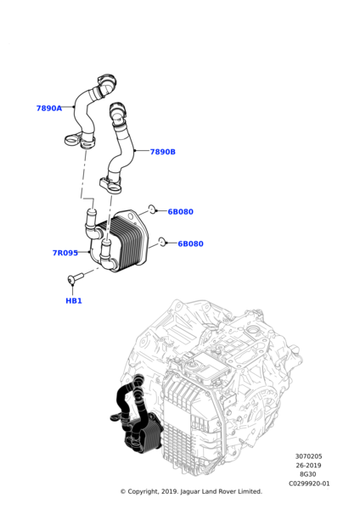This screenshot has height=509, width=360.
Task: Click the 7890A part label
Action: [48, 109]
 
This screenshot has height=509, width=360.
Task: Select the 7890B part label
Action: [162, 152]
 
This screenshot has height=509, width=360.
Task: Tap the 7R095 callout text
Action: [65, 253]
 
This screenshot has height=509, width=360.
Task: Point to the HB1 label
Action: [74, 300]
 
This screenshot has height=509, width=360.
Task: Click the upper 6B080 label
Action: [180, 212]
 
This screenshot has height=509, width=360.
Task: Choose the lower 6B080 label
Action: [190, 243]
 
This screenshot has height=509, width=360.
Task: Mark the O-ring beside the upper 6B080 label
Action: [152, 208]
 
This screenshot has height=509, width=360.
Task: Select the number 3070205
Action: [308, 456]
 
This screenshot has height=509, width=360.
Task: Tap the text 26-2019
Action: [308, 466]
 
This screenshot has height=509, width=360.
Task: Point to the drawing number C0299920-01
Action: [309, 484]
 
